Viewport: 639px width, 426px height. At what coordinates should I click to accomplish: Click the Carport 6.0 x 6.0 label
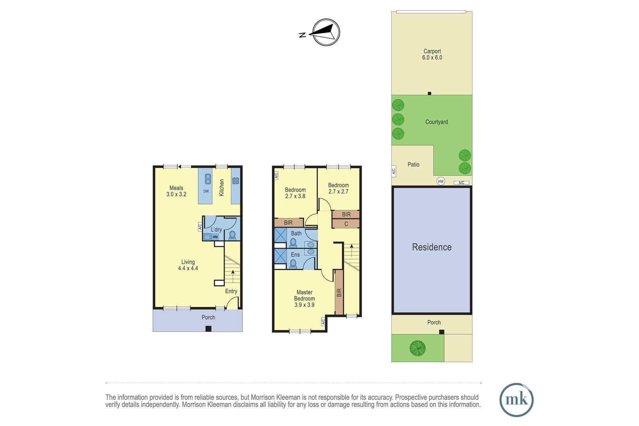(432, 54)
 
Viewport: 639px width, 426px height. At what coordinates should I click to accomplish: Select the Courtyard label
(437, 122)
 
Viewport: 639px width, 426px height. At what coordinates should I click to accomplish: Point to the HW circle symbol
(441, 181)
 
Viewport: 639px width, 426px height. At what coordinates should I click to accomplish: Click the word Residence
(432, 247)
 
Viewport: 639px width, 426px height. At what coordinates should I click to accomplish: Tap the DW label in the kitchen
(206, 191)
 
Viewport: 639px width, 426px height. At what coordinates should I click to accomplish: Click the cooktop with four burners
(236, 180)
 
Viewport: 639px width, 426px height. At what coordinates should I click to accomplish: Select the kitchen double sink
(208, 179)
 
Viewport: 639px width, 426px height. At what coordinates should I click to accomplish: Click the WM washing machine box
(215, 237)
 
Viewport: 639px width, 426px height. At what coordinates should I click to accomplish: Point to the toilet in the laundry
(232, 235)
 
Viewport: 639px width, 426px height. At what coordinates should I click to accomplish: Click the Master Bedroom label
(304, 298)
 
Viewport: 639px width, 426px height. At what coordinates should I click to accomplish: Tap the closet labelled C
(346, 224)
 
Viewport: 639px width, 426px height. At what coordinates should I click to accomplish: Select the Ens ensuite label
(295, 254)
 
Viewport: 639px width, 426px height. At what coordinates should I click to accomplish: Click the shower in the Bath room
(280, 235)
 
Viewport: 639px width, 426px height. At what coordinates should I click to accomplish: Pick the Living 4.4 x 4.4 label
(188, 265)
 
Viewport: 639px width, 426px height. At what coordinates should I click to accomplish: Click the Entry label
(231, 291)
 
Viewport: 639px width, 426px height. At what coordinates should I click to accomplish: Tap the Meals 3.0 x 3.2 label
(176, 191)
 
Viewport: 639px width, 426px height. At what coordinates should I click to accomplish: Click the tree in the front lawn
(418, 348)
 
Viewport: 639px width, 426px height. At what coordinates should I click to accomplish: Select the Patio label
(413, 164)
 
